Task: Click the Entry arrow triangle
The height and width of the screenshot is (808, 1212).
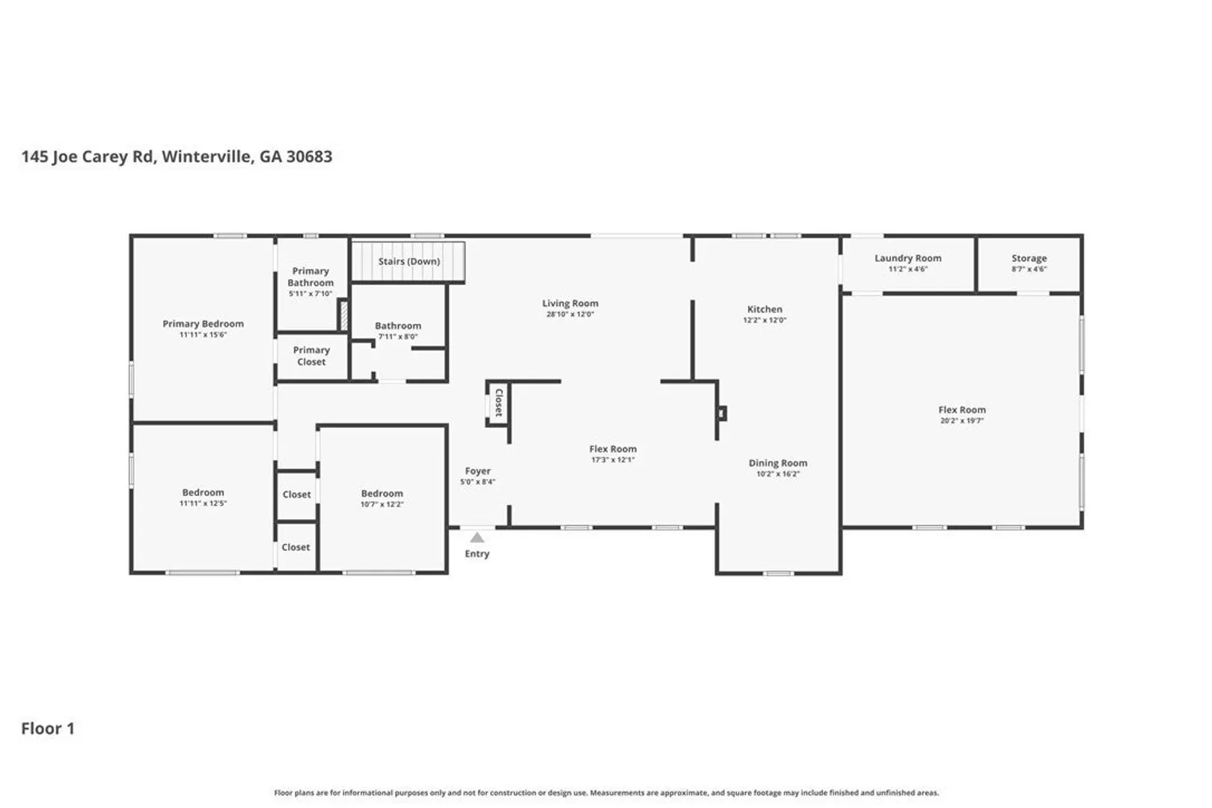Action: pos(477,537)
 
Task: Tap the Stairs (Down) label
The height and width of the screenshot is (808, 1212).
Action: pos(409,261)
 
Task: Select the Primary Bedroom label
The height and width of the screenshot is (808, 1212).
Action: pos(203,324)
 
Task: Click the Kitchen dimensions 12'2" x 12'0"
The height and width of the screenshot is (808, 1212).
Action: pos(765,320)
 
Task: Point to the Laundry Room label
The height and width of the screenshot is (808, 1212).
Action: pos(908,258)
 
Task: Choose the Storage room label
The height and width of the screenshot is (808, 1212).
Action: pos(1029,258)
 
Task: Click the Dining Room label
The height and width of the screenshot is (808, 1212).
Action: pos(777,462)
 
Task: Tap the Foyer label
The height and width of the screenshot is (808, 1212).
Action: pos(478,471)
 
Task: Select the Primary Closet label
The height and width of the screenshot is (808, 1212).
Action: pos(311,355)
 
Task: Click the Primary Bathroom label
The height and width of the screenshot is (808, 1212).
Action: pos(310,277)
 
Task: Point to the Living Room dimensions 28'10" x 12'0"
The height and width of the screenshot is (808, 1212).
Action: pos(570,314)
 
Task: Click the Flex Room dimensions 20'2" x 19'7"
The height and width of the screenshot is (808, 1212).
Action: pos(962,420)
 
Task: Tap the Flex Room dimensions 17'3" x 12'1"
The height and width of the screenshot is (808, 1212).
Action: pos(613,459)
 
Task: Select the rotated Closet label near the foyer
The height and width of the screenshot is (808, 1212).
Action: pos(499,403)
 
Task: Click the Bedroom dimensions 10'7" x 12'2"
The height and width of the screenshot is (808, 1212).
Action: pos(382,504)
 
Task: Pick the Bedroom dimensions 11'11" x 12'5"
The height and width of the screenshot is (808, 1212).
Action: pos(203,503)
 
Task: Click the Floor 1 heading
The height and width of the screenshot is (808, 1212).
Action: pos(48,729)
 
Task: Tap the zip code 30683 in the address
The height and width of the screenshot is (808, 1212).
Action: pos(310,156)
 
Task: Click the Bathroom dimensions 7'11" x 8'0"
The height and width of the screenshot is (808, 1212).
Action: pos(398,337)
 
